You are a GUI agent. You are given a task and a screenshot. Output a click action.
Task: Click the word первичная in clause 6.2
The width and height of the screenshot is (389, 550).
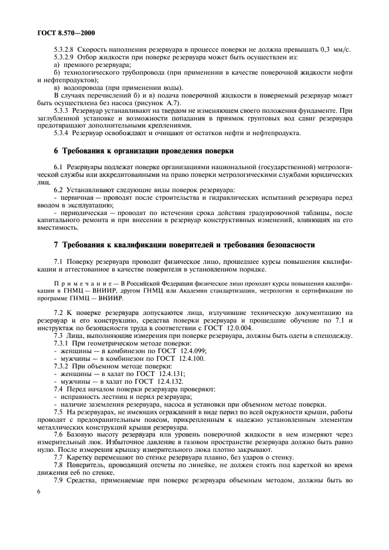click(75, 197)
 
